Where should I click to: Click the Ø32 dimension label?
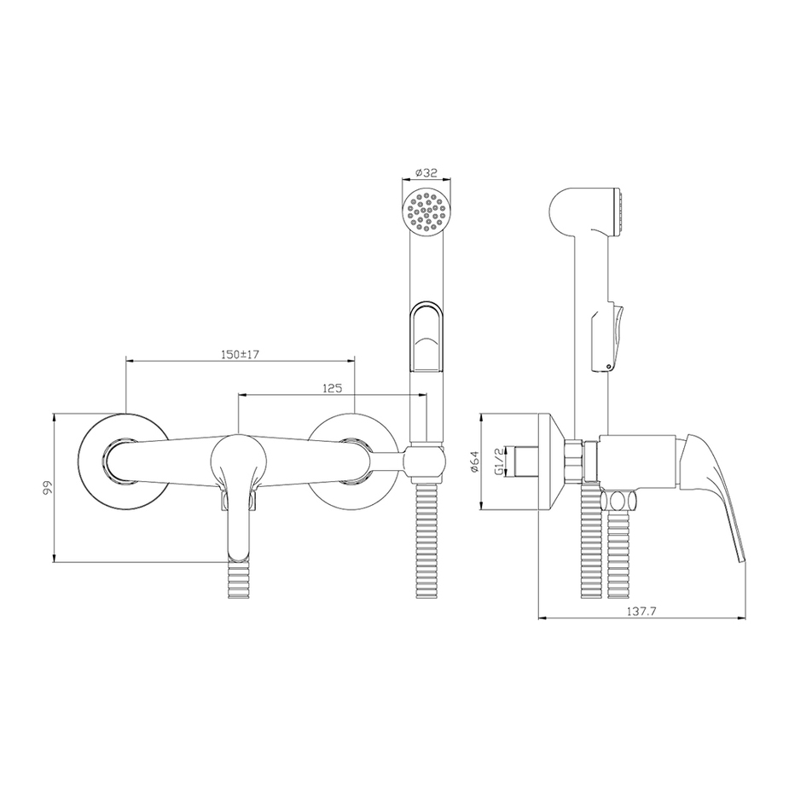pos(426,172)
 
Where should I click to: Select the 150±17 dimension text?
pos(240,354)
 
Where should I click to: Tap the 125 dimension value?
pos(332,388)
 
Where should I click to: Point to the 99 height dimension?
pos(48,488)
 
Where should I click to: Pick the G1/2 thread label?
pos(499,462)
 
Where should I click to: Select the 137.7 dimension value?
pos(641,612)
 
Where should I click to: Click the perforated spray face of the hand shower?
pos(426,212)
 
